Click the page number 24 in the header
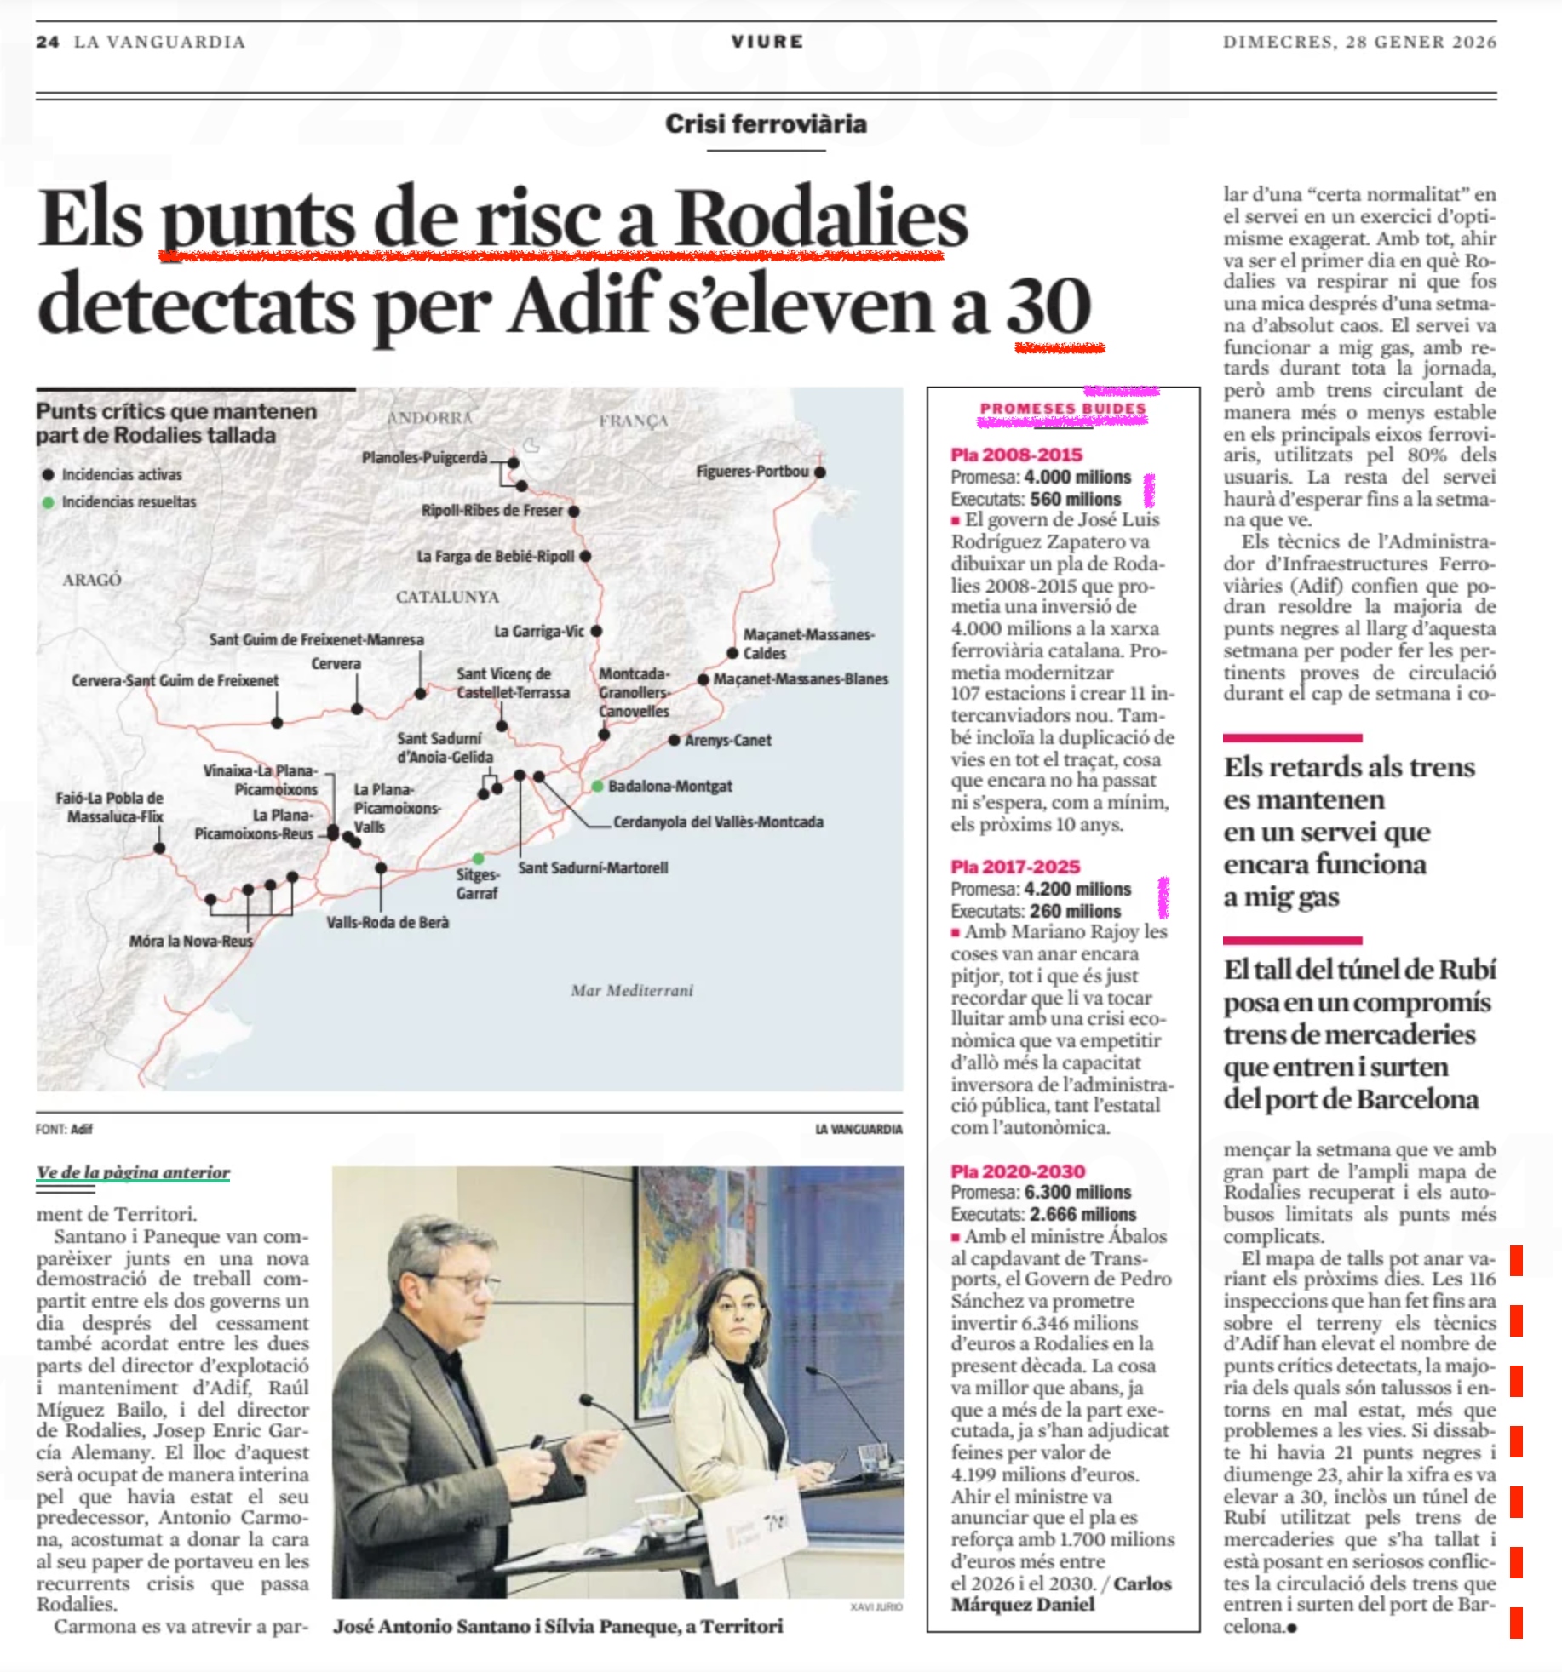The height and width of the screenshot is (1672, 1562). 47,42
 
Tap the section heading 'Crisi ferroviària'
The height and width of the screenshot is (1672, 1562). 766,124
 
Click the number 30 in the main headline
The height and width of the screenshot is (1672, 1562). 1048,306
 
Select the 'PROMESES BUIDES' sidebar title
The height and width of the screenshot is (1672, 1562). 1063,409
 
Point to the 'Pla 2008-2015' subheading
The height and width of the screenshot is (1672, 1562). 1016,455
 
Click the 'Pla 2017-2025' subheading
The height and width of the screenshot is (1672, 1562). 1015,867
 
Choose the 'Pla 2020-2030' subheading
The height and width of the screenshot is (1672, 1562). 1018,1171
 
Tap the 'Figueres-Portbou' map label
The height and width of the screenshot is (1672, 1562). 752,471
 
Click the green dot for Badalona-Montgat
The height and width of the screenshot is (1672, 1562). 598,786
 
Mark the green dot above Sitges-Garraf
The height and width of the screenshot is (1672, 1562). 479,857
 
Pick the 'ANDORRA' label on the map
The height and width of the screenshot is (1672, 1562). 429,418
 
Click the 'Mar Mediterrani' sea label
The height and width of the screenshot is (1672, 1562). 632,990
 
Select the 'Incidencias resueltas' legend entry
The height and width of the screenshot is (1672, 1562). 129,502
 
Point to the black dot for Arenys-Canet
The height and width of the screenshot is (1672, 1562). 675,740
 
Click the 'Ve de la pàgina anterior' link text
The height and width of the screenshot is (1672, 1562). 133,1172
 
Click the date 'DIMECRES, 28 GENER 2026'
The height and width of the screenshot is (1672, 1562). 1359,42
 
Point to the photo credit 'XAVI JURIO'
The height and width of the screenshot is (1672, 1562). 876,1606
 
